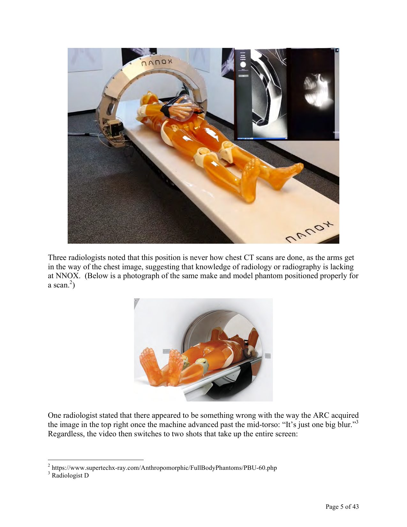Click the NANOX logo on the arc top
tap(156, 62)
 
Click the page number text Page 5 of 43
tap(342, 507)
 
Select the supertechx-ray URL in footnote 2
tap(164, 468)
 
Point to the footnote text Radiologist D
tap(70, 476)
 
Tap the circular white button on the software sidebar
tap(244, 64)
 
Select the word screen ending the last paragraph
tap(286, 434)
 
